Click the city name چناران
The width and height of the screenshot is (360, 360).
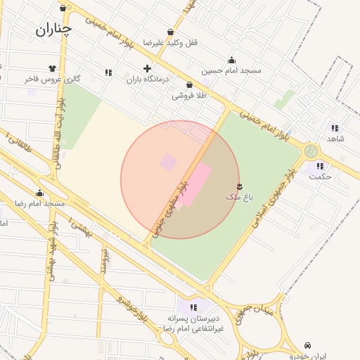(53, 29)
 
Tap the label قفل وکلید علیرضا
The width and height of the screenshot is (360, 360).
(171, 43)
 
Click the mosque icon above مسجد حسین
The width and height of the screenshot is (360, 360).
(231, 60)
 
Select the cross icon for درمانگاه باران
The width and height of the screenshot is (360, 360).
(147, 68)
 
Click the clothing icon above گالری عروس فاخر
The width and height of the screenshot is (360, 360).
(52, 68)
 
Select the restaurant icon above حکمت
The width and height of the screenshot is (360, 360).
(320, 166)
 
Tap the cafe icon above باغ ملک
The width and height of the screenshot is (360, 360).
(240, 186)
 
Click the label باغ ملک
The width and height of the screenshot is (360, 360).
(238, 196)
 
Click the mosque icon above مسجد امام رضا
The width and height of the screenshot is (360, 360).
(39, 193)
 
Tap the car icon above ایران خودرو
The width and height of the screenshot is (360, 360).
(308, 345)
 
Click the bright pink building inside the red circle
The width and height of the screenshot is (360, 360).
(193, 183)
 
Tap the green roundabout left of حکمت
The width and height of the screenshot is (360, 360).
(311, 150)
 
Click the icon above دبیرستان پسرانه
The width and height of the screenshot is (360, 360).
(193, 307)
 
